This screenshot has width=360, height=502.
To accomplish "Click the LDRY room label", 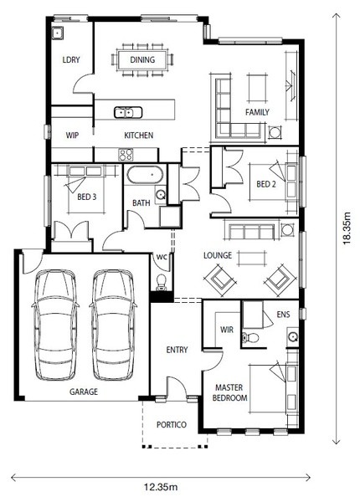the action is click(x=71, y=59).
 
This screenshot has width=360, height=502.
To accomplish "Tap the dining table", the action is click(x=142, y=60).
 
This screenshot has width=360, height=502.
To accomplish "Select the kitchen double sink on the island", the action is click(x=128, y=112).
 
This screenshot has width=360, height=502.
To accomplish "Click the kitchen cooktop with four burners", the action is click(x=126, y=155).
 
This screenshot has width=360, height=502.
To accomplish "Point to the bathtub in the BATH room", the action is click(x=145, y=175).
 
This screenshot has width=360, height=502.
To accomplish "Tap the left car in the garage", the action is click(x=55, y=325).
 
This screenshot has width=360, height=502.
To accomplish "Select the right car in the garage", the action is click(x=113, y=325).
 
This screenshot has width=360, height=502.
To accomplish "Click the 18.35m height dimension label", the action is click(x=347, y=228).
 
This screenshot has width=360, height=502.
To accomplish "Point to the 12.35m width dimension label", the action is click(x=161, y=487).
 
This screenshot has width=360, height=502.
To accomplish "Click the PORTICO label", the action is click(x=172, y=424).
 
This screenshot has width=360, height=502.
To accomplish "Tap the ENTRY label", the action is click(x=177, y=350).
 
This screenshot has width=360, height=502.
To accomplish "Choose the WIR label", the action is click(x=227, y=330).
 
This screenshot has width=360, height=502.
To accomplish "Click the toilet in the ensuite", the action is click(x=250, y=337).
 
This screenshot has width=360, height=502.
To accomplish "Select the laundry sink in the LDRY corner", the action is click(x=57, y=33).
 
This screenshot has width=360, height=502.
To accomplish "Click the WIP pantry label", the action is click(x=72, y=135).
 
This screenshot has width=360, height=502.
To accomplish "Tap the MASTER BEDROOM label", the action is click(x=229, y=393).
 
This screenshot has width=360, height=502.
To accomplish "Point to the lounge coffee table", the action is click(x=252, y=258).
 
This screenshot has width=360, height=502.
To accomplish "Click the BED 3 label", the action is click(x=87, y=197).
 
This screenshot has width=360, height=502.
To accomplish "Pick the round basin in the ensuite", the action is click(x=292, y=336).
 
